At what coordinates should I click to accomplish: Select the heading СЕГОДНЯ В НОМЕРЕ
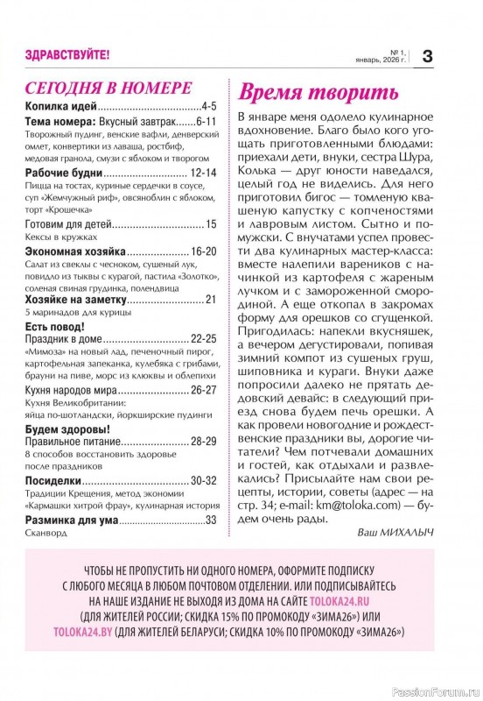pos(108,89)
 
